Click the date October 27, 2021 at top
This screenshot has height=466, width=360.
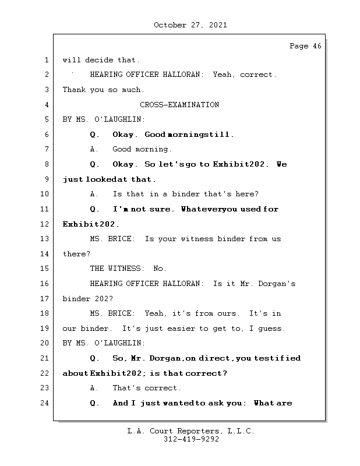[190, 25]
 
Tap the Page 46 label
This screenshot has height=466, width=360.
[305, 46]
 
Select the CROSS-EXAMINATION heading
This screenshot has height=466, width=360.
[179, 105]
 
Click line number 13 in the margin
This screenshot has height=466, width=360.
[45, 239]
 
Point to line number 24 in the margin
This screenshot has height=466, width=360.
[45, 403]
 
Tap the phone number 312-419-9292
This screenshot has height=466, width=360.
[191, 440]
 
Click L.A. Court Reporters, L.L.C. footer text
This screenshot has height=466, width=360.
[191, 431]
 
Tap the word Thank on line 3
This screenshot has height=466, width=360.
[73, 90]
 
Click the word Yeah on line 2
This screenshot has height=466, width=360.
[224, 75]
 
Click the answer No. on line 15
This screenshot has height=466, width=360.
[160, 269]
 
